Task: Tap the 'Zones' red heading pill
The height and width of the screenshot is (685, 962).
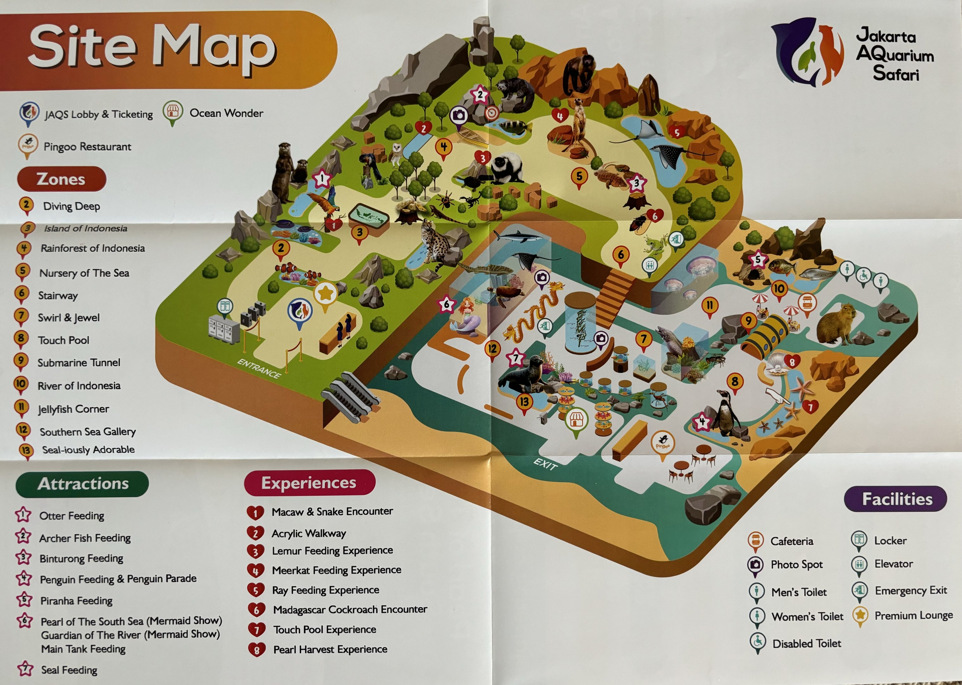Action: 61,179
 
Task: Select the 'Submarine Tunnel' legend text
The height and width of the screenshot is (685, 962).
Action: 79,363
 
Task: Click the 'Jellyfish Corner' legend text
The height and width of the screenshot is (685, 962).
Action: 73,409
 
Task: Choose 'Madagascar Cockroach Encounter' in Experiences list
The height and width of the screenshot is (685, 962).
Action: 350,610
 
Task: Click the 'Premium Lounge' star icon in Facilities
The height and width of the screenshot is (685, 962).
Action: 860,615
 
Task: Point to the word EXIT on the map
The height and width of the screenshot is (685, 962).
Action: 545,464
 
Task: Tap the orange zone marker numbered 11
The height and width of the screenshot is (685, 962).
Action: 709,306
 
